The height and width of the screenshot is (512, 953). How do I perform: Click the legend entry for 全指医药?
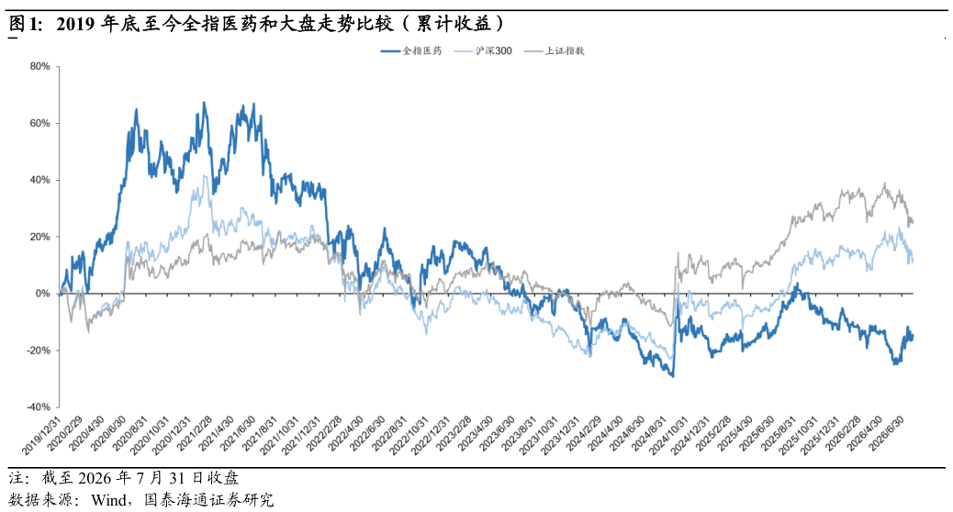tap(411, 51)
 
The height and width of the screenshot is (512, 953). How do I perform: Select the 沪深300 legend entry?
tap(483, 51)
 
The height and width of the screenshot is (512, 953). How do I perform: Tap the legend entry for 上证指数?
tap(554, 51)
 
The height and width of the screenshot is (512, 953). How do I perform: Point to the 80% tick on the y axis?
tap(39, 66)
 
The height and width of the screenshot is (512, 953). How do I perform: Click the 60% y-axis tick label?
tap(39, 123)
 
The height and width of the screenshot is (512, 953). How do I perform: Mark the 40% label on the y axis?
tap(39, 180)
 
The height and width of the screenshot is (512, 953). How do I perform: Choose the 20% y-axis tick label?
tap(39, 237)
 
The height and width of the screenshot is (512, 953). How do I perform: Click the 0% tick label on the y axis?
tap(42, 294)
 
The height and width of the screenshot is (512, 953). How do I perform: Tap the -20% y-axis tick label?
tap(39, 351)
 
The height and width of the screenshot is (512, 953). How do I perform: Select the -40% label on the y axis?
tap(39, 406)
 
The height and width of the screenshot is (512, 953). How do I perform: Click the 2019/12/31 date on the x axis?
tap(41, 436)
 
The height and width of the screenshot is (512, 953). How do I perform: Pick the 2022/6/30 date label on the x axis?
tap(368, 436)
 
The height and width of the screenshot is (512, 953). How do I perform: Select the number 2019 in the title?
tap(76, 24)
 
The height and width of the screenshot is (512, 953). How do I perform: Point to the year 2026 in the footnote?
tap(96, 478)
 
